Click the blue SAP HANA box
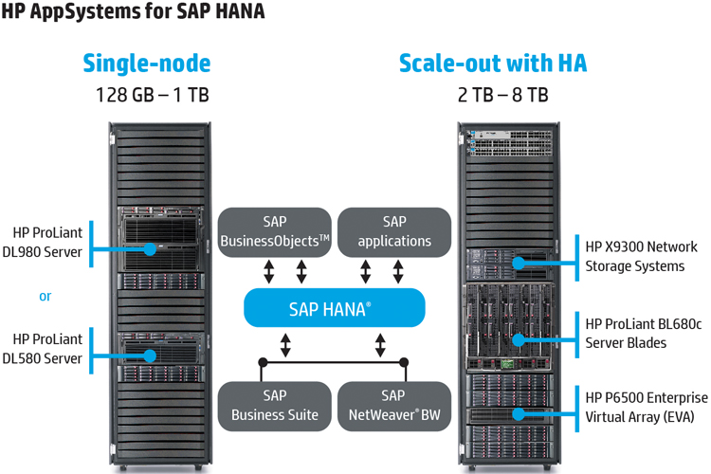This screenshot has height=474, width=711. coord(335,307)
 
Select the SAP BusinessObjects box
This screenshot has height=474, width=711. coord(274,232)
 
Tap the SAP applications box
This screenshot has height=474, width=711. coord(394,232)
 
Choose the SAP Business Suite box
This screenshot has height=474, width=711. coord(274,406)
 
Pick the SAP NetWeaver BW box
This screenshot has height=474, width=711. coord(394,406)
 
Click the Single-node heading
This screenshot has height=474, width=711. coord(147,64)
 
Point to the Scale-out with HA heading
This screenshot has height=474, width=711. coord(493,64)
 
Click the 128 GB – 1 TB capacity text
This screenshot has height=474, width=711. coord(153,95)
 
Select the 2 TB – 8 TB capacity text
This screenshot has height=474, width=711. coord(502,95)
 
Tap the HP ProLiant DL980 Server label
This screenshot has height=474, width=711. coord(43,243)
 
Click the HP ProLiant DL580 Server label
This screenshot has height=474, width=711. coord(43,349)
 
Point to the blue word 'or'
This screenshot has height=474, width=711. coord(45,297)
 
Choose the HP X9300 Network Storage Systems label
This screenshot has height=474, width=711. coord(641,256)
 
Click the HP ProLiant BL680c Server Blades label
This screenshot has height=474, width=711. coord(644,334)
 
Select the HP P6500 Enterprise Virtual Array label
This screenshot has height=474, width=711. coord(647,408)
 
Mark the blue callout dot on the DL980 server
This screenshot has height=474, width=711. coord(150,248)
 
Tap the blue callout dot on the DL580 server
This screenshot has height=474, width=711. coord(150,355)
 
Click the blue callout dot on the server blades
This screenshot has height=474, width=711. coord(519,339)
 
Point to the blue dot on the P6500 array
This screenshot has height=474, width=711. coord(519,413)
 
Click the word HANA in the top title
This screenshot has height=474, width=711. coord(240,10)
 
